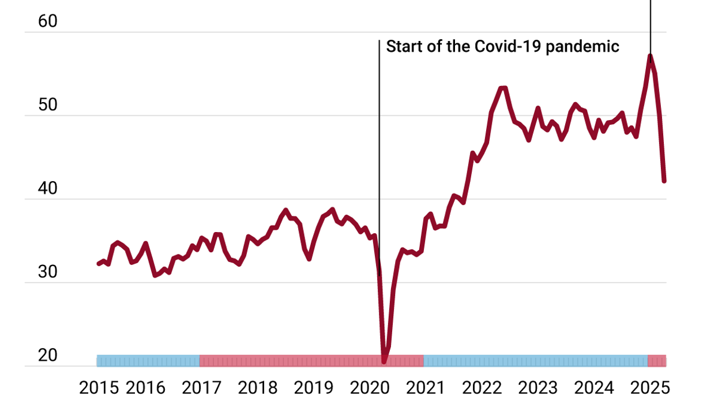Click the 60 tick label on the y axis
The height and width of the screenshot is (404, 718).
(x=48, y=21)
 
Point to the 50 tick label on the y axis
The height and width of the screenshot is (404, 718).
(x=48, y=105)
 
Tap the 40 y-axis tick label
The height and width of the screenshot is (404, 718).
(x=48, y=189)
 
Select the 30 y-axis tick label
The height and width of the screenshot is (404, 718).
(x=48, y=272)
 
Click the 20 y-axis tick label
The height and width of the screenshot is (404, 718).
(x=48, y=356)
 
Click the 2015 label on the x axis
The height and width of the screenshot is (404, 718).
(x=99, y=387)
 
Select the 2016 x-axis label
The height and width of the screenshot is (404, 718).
(x=145, y=387)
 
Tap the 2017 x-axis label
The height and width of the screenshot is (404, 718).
(x=201, y=387)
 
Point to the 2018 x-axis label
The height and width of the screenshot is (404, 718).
(x=257, y=387)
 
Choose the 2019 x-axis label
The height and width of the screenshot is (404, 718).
(x=313, y=387)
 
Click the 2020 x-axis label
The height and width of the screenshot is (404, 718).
(x=369, y=387)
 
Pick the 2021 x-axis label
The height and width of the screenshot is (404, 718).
(x=425, y=387)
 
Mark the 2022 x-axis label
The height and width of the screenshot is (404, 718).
(x=481, y=387)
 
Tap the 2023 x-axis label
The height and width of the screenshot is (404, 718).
(x=537, y=387)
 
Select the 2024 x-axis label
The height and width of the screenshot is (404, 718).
(x=593, y=387)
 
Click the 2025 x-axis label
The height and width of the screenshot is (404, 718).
(x=649, y=387)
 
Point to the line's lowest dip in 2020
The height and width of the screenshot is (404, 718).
(x=384, y=361)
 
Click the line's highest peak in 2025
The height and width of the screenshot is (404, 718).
(x=650, y=57)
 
